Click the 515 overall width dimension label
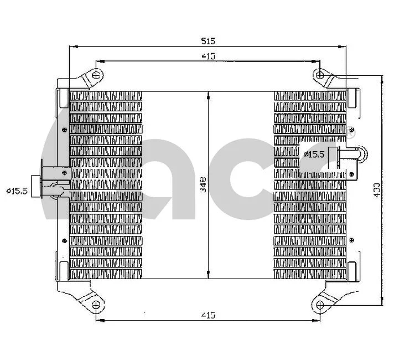[x=208, y=40]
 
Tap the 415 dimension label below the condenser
[x=208, y=315]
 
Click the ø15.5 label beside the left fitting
[x=17, y=191]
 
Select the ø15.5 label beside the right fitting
[x=314, y=154]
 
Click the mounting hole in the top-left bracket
[x=96, y=75]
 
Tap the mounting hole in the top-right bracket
[x=320, y=75]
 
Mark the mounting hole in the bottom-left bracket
[x=96, y=305]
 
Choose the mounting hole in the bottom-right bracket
[x=320, y=304]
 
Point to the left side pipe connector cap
[x=37, y=185]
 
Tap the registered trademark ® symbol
[x=351, y=133]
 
